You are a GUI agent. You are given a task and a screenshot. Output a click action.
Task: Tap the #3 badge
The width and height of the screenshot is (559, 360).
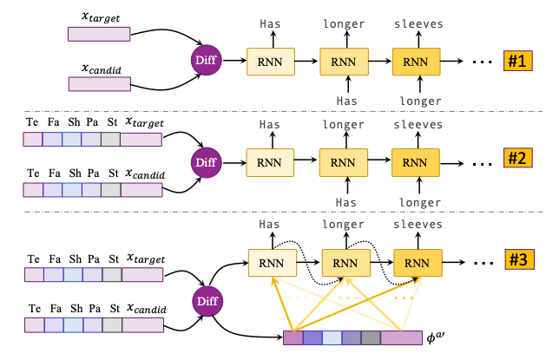518,260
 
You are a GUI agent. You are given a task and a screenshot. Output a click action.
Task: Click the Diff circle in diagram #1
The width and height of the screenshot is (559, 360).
207,61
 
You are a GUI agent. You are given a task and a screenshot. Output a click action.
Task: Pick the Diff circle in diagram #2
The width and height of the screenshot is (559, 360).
207,161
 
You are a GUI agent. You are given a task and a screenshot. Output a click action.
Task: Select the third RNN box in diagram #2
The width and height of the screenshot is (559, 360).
416,161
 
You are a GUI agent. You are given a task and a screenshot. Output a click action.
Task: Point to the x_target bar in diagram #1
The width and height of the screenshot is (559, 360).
99,34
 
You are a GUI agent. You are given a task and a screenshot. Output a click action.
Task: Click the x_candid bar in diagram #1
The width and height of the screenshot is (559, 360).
99,83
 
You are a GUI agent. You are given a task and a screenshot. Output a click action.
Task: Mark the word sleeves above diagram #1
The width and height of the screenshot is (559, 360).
417,24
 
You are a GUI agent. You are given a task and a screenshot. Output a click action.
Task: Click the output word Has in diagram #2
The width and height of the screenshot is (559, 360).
271,125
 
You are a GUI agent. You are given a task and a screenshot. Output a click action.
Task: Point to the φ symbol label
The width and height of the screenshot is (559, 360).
438,337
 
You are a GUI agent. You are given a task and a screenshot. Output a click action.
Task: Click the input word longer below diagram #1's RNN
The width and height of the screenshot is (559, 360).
417,101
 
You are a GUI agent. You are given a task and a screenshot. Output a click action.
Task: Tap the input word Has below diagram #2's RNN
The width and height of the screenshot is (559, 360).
344,201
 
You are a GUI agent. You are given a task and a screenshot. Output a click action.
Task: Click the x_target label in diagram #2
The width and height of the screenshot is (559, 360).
144,125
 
